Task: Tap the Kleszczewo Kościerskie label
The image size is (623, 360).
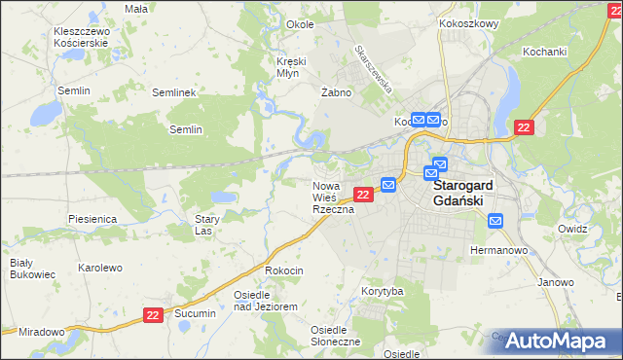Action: pos(82,38)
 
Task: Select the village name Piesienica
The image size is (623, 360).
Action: pos(92,220)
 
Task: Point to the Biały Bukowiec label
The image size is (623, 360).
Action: pos(21,269)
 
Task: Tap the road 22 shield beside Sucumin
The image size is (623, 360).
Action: pos(152,315)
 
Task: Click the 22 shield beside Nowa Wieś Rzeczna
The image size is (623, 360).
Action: pos(362,196)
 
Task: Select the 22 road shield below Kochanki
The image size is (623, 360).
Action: pos(525,128)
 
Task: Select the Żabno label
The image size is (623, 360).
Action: pos(336,92)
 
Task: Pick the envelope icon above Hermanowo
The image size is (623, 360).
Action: pos(495,222)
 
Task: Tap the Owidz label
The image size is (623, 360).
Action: pos(572,229)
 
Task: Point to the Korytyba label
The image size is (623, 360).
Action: pos(383,291)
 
